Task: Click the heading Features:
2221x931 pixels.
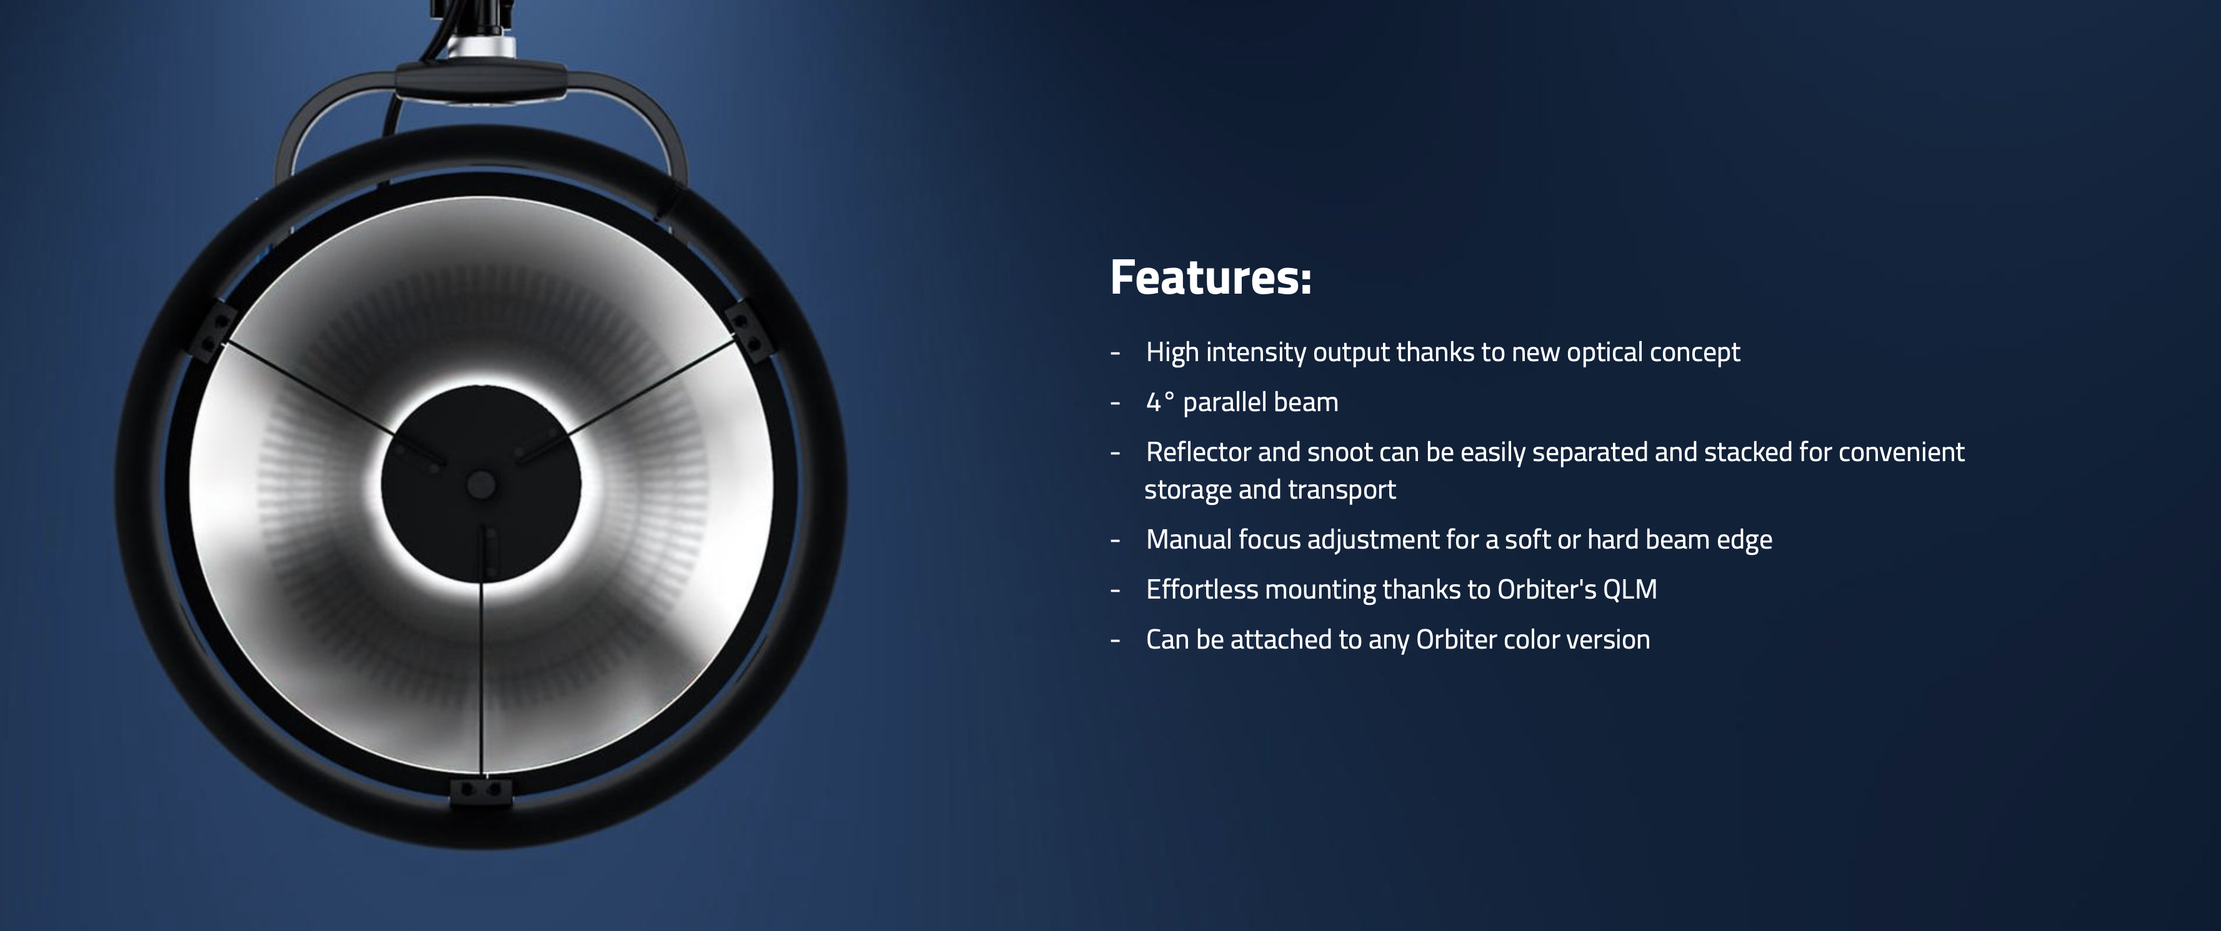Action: [1210, 277]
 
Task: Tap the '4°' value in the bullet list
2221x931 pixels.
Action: [1160, 402]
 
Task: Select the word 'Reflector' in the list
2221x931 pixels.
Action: [1197, 452]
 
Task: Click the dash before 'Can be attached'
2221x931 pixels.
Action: [1115, 640]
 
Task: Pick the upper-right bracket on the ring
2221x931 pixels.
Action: [749, 332]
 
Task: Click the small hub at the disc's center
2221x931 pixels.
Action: [480, 484]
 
